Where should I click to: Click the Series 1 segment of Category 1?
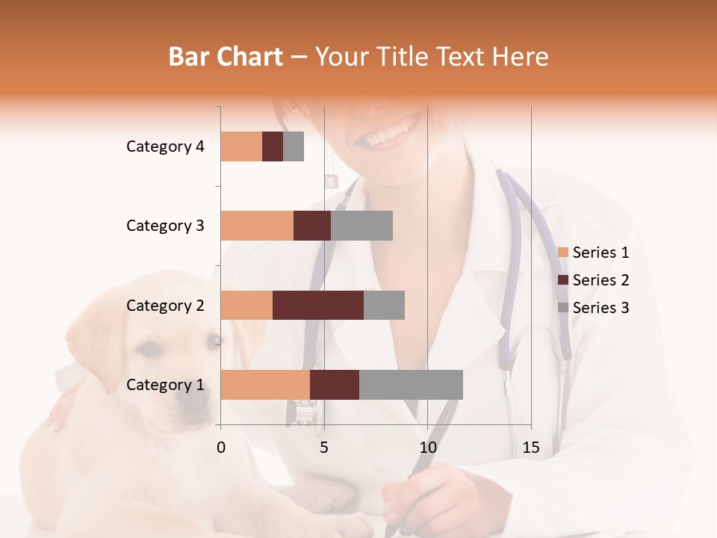point(265,385)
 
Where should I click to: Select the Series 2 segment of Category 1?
point(335,385)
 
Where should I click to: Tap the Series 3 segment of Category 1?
point(411,385)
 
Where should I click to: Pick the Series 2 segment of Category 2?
point(318,305)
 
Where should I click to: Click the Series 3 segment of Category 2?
point(384,305)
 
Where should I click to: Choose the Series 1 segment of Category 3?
point(257,226)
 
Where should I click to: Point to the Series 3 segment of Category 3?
point(361,226)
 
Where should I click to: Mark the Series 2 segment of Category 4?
point(273,146)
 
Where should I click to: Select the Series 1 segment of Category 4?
point(241,146)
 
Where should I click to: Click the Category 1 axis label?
point(165,385)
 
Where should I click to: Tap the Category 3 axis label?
point(165,226)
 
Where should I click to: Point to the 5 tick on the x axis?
point(324,448)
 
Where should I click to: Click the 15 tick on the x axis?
point(531,448)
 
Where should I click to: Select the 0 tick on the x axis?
point(221,448)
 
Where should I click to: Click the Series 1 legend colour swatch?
point(563,253)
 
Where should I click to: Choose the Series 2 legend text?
point(601,280)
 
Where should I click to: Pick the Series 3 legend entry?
point(594,308)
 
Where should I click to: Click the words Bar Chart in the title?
point(226,56)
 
